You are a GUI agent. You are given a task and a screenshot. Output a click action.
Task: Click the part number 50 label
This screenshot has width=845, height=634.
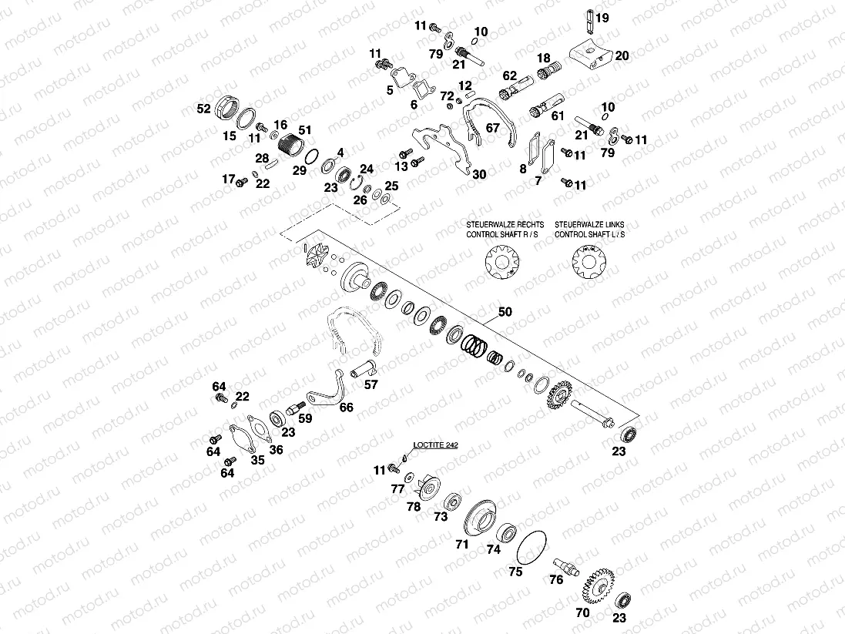point(505,314)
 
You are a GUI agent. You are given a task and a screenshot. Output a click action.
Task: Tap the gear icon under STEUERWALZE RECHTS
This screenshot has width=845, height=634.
point(501,262)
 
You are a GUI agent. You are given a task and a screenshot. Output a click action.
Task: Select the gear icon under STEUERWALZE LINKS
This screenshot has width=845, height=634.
point(589,262)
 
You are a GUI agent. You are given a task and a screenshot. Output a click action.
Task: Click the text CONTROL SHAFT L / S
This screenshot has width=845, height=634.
point(589,233)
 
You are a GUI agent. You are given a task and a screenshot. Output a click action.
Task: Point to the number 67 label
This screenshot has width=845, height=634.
point(492,128)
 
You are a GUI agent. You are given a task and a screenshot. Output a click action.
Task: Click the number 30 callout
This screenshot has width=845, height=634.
point(479,175)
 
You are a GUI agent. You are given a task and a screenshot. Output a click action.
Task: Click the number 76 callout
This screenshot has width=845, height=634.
point(556,581)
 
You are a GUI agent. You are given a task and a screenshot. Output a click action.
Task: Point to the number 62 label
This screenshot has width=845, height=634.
point(509,76)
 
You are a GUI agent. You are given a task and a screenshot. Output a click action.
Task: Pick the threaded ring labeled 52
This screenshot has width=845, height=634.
point(226,106)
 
